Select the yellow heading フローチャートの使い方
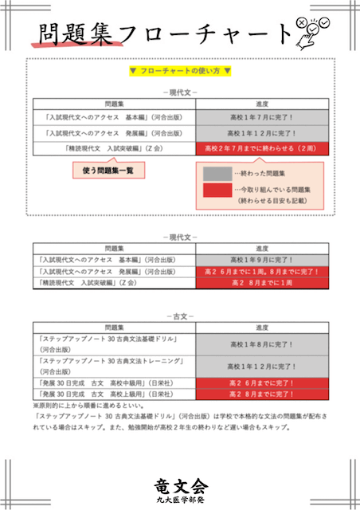click(180, 71)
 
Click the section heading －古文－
click(180, 316)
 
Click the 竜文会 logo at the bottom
click(180, 486)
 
